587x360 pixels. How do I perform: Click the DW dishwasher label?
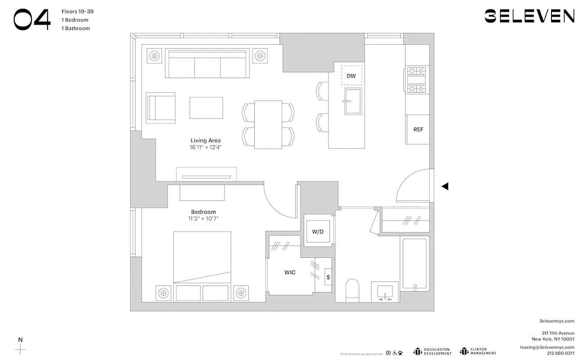tap(351, 76)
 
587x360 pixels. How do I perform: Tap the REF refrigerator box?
tap(418, 130)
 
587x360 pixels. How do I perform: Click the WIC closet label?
tap(290, 273)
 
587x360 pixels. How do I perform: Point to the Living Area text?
tap(206, 140)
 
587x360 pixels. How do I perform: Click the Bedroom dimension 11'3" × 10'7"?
tap(203, 219)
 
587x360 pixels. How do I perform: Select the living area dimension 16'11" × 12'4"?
tap(206, 147)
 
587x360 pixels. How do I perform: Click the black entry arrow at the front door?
tap(444, 186)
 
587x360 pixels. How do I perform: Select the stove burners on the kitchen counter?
tap(417, 80)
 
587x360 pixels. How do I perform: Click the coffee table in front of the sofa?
tap(206, 108)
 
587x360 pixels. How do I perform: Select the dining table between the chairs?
tap(268, 125)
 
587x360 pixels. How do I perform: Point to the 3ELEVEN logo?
tap(529, 16)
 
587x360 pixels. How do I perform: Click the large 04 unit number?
tap(31, 20)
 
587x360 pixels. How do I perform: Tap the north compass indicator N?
tap(20, 340)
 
